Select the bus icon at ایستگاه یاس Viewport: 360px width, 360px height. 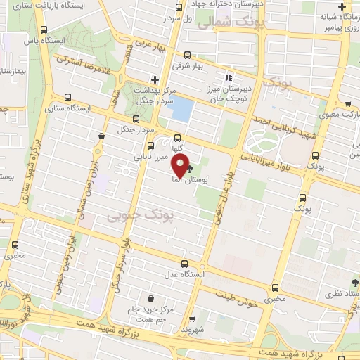tap(45, 30)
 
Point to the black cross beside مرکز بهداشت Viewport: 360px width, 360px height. tap(155, 79)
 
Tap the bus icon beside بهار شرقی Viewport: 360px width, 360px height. tap(186, 55)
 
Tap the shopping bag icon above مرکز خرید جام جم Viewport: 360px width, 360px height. tap(150, 297)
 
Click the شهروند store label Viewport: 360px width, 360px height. tap(191, 328)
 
